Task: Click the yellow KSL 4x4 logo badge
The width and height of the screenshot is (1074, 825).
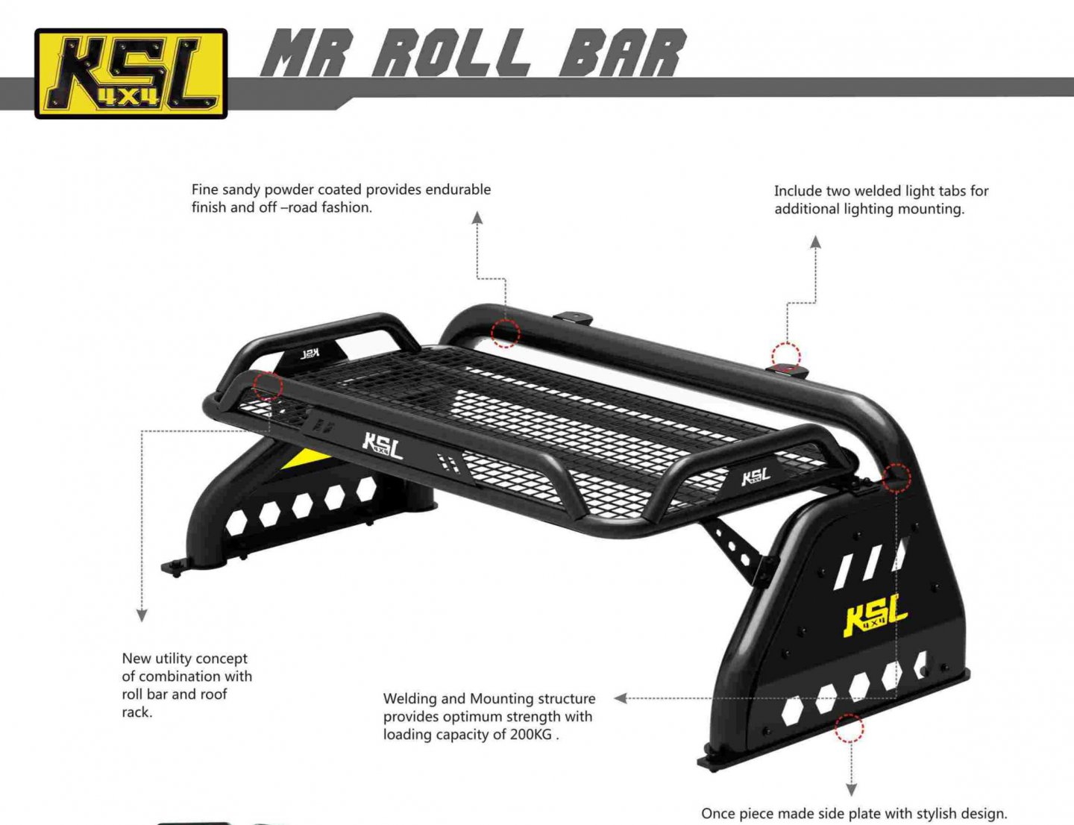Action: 131,73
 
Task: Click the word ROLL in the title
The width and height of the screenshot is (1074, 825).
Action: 452,53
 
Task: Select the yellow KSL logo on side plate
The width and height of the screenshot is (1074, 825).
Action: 874,616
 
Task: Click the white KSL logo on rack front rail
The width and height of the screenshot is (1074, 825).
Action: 383,445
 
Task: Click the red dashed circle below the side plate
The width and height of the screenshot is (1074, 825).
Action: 849,728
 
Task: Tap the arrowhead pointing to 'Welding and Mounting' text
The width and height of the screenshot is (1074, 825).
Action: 620,698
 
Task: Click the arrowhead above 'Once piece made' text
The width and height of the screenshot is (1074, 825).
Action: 851,789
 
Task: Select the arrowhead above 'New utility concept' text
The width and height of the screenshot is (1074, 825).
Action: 142,615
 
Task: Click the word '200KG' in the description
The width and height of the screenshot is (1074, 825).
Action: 530,735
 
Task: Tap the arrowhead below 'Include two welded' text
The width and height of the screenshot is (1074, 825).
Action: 816,242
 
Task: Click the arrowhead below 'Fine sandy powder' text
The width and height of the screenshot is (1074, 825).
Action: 477,218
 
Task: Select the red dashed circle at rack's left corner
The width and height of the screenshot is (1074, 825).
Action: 268,386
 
